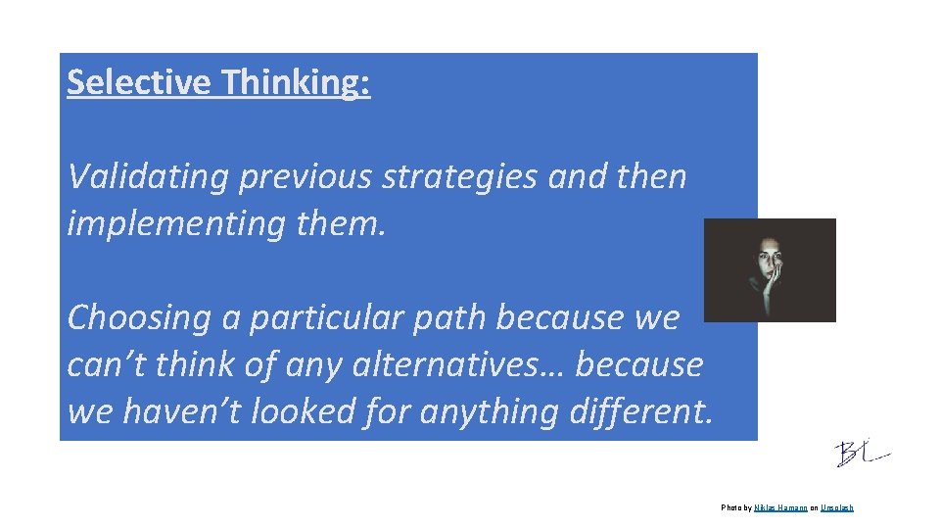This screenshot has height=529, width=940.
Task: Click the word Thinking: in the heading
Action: pos(296,83)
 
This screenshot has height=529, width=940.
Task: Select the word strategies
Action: pos(459,177)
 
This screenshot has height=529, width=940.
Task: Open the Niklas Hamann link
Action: pos(780,507)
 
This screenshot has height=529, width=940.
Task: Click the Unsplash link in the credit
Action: pos(837,507)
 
